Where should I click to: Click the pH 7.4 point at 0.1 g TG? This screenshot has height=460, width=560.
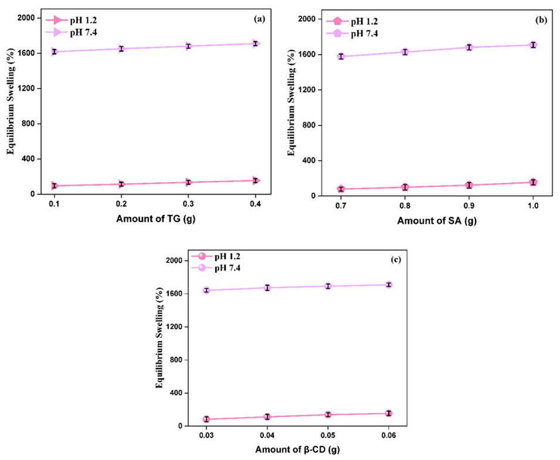coord(54,52)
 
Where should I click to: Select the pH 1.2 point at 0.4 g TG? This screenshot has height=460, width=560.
coord(256,180)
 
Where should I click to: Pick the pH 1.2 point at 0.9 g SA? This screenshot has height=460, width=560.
coord(469,185)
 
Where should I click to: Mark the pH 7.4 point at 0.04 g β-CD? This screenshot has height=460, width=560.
coord(267,288)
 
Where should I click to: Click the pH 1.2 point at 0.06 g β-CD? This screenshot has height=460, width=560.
coord(388,414)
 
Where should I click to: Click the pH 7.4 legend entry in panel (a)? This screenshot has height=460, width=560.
coord(74,32)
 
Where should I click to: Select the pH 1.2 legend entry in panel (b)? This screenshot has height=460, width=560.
coord(354,22)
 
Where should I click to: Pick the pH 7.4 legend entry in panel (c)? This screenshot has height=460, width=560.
coord(225,268)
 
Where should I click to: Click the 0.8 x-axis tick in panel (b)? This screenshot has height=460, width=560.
coord(403,207)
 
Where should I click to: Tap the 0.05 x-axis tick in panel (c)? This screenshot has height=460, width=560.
coord(327,437)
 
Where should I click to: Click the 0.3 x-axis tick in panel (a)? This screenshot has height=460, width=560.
coord(188,205)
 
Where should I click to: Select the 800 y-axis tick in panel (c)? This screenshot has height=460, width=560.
coord(177,360)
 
